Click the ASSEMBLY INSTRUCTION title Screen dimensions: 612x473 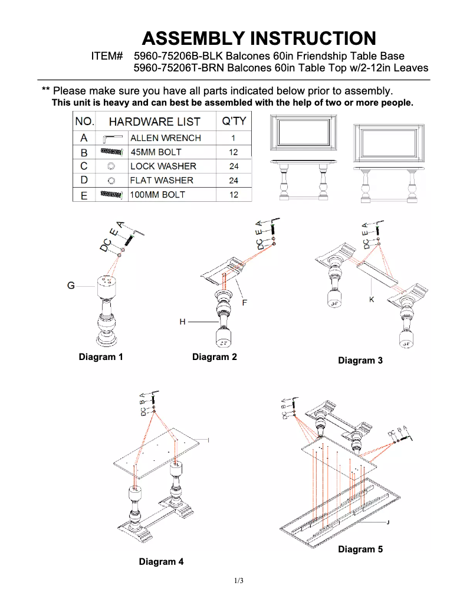point(259,38)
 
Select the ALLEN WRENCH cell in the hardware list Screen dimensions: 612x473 point(165,138)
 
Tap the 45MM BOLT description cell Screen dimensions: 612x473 point(156,152)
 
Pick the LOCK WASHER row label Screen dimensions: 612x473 point(163,166)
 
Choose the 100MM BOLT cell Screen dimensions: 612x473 point(157,195)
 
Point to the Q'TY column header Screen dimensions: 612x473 point(234,122)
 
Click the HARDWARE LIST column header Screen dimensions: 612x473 point(155,122)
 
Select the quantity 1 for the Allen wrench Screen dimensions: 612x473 point(234,138)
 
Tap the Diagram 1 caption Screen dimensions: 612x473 point(101,357)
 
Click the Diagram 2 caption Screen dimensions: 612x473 point(214,357)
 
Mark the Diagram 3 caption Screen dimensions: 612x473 point(360,361)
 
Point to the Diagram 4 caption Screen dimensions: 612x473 point(161,562)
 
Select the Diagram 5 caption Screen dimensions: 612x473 point(360,549)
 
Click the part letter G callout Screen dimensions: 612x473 point(71,286)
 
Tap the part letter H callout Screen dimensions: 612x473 point(183,322)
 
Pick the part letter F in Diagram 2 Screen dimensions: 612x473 point(244,302)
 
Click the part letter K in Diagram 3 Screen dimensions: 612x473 point(372,300)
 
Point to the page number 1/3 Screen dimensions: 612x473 point(238,581)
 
